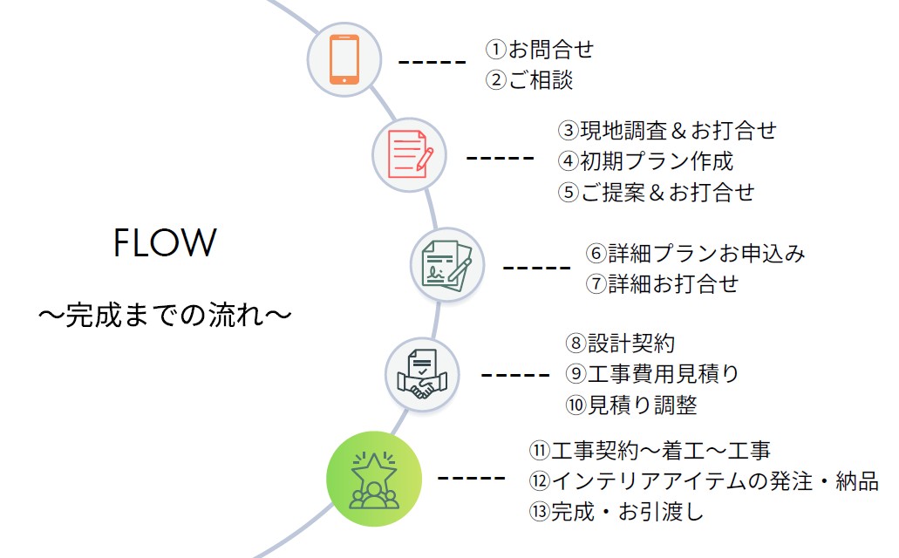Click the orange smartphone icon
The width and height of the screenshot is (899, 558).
(344, 59)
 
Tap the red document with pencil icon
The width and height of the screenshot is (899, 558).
(410, 155)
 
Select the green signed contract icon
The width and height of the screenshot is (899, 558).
(446, 264)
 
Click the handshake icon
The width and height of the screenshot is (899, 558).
(422, 375)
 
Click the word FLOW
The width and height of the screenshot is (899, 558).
(164, 243)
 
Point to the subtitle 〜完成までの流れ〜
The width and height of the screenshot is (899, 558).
(164, 314)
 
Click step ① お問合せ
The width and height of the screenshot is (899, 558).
(539, 49)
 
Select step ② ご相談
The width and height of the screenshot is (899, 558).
(528, 80)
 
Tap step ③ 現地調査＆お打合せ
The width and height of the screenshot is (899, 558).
(666, 131)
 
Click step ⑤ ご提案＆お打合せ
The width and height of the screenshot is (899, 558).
(656, 192)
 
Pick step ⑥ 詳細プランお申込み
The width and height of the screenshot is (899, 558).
(695, 254)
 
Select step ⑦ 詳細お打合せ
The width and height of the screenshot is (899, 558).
(662, 284)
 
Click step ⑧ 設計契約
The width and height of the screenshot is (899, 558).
(619, 343)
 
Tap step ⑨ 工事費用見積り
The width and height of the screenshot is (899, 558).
(651, 374)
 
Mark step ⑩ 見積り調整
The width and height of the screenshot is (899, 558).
(630, 405)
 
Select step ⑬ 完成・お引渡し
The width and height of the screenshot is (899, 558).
(615, 513)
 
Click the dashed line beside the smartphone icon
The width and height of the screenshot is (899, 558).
(432, 62)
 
